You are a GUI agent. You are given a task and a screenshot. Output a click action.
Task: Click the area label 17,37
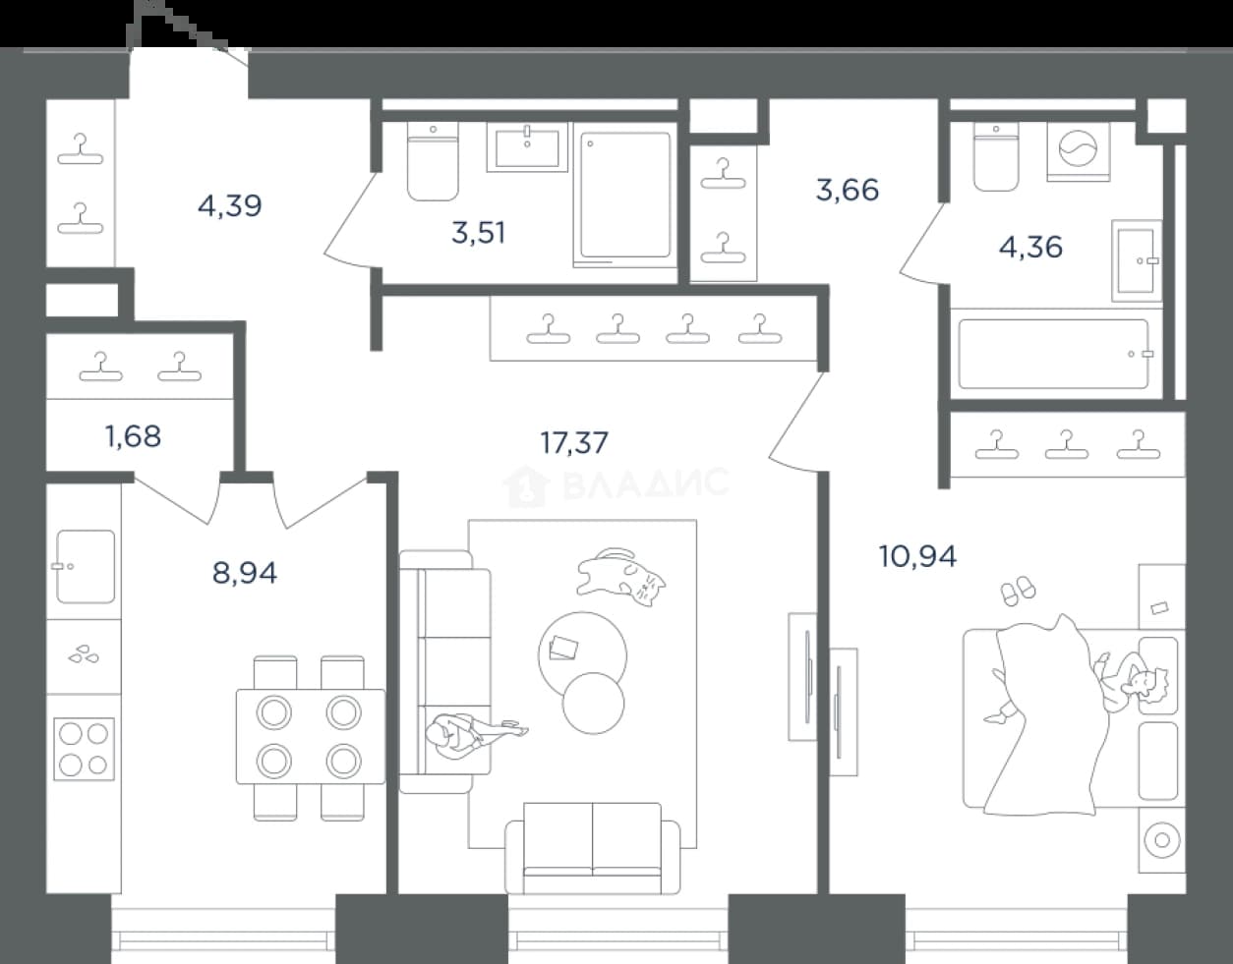(574, 442)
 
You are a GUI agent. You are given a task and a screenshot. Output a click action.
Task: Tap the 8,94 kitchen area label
(245, 573)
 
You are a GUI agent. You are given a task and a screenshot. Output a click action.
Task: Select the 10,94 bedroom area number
(917, 556)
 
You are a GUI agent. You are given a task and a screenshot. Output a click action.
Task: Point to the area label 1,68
(134, 436)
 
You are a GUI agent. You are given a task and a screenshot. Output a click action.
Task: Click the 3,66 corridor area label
(848, 190)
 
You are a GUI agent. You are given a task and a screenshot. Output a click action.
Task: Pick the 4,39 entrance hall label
(230, 205)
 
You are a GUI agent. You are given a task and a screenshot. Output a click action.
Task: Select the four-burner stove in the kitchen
(84, 749)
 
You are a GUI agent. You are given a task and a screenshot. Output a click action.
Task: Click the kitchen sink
(86, 566)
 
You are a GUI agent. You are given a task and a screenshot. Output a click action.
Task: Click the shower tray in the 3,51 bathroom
(625, 196)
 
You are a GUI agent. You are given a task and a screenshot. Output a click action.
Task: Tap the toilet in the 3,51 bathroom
(433, 161)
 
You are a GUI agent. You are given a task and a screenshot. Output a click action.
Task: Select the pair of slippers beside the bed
(1019, 592)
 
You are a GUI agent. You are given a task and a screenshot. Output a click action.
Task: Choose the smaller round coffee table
(594, 704)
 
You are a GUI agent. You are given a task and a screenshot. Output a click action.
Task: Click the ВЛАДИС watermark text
(646, 483)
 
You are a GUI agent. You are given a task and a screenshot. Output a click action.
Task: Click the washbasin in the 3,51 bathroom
(527, 146)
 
